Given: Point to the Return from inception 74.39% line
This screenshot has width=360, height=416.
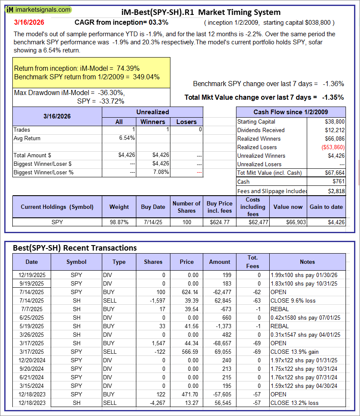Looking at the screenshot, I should (x=77, y=68).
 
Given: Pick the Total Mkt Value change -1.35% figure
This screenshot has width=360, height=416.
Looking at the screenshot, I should (x=333, y=97).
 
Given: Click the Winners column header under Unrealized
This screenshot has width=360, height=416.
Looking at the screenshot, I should (x=153, y=121).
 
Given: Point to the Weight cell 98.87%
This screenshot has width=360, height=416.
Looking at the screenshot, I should (x=119, y=222).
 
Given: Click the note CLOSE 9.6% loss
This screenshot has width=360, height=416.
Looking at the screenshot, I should (x=293, y=300).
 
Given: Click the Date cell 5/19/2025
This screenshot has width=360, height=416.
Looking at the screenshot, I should (x=32, y=326).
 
